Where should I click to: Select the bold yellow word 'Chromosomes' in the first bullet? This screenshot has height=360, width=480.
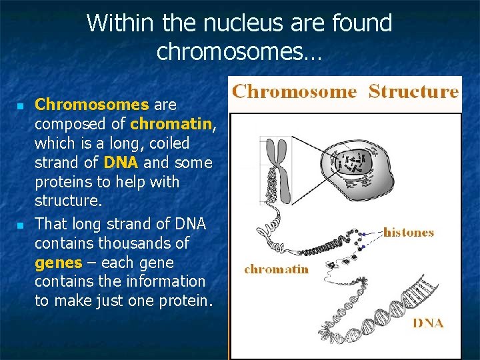92,105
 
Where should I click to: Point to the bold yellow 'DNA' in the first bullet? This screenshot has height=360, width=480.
121,163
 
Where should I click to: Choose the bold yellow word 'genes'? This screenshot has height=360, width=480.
58,262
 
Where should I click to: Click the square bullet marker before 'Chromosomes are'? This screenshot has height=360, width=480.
20,106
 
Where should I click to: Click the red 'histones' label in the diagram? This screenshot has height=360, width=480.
408,233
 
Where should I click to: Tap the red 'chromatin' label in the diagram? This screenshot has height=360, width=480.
276,269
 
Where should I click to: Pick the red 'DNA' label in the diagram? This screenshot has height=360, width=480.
427,323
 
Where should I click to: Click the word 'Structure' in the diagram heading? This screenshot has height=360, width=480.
413,91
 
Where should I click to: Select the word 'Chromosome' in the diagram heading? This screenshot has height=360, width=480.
294,91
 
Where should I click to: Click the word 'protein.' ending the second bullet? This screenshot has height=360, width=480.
187,301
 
